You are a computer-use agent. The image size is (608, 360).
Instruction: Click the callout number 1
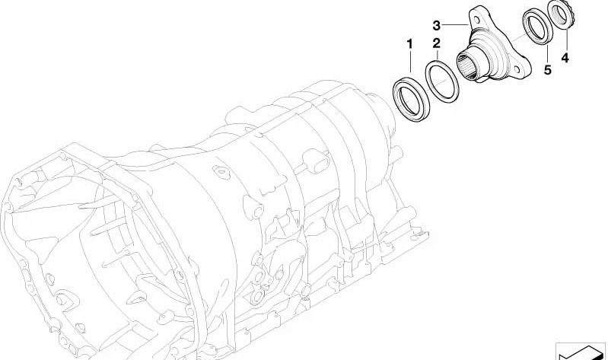[410, 44]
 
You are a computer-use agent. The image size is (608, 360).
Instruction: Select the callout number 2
[437, 43]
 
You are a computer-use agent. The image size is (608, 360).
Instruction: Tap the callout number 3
[437, 26]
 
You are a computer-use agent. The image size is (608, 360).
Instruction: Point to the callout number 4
[565, 58]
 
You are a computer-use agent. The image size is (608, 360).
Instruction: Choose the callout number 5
[548, 70]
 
